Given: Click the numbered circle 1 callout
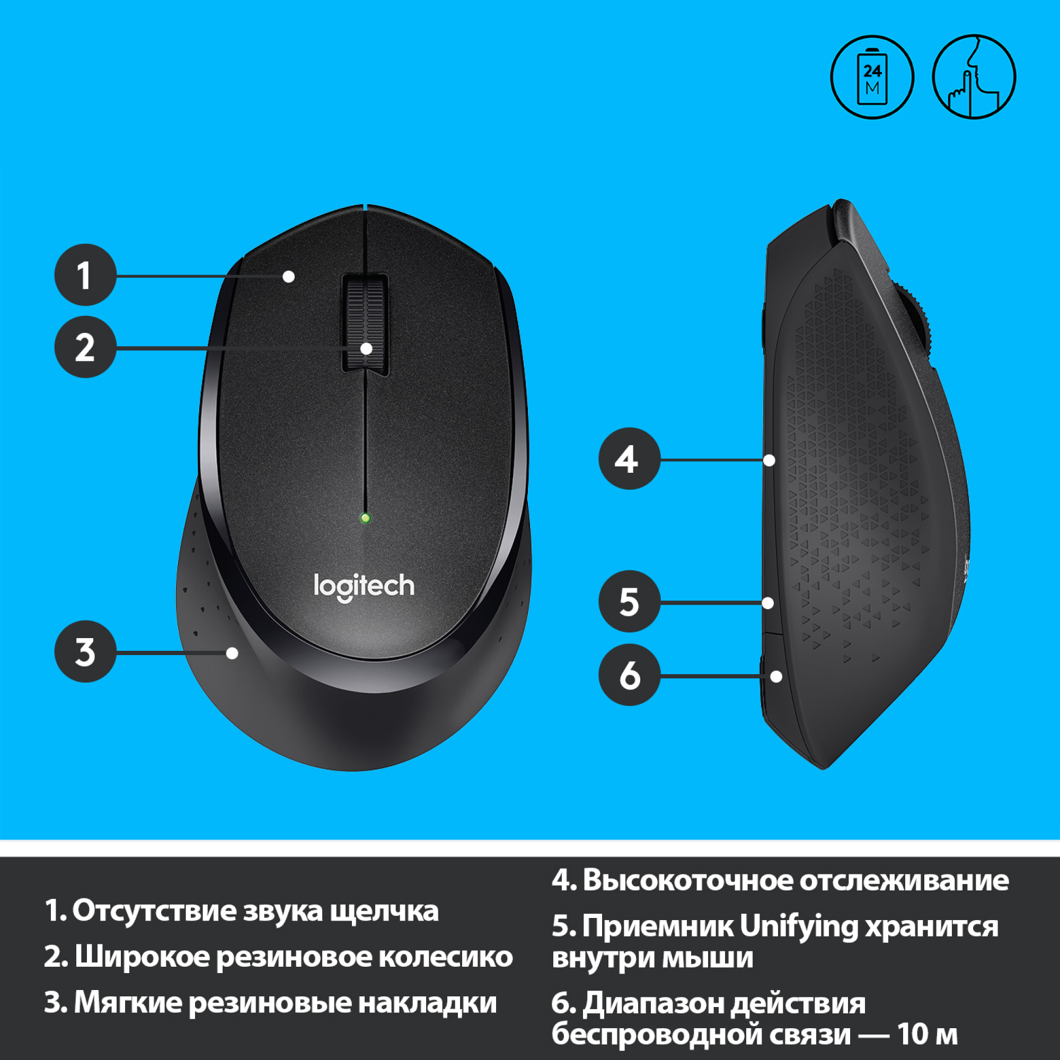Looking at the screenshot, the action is click(x=85, y=275).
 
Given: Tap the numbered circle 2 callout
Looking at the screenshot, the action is click(x=85, y=347).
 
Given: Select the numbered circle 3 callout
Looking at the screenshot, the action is click(x=85, y=652).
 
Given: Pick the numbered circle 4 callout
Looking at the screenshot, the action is click(x=629, y=458).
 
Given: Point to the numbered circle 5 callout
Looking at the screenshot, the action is click(x=629, y=602).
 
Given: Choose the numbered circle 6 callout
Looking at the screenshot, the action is click(x=629, y=675).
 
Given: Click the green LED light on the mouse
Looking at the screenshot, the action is click(x=365, y=517).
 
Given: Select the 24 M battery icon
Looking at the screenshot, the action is click(x=872, y=77).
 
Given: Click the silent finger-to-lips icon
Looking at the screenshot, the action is click(x=974, y=77).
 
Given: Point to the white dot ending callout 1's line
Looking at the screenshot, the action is click(x=289, y=276).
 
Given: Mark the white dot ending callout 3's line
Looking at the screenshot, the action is click(x=233, y=653).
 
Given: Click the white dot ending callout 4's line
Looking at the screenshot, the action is click(x=769, y=460).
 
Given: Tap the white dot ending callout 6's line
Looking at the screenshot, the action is click(x=776, y=676).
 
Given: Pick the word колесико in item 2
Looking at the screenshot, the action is click(x=446, y=956).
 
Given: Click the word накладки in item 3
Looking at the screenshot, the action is click(x=427, y=1002).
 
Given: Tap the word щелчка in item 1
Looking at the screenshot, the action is click(x=384, y=911).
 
